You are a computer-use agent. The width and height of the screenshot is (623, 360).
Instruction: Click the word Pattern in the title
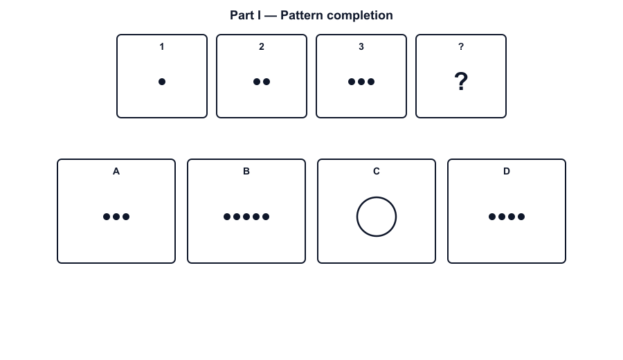[x=302, y=15]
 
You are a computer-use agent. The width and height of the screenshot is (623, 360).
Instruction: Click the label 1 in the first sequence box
[x=162, y=46]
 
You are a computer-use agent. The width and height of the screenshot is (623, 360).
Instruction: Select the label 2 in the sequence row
[x=262, y=46]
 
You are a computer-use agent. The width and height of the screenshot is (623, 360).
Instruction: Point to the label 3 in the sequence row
[x=361, y=46]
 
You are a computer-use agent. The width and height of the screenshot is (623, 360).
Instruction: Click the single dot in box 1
[x=162, y=82]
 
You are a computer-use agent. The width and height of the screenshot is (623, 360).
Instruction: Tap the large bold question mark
[x=461, y=82]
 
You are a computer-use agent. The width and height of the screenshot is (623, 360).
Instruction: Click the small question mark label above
[x=461, y=46]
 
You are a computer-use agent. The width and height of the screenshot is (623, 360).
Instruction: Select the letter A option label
[x=116, y=171]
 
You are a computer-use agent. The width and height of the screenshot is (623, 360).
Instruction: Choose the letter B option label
[x=246, y=171]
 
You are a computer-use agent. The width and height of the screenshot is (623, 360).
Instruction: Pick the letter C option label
[x=377, y=171]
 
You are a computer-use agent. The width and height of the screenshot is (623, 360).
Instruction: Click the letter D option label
[x=507, y=171]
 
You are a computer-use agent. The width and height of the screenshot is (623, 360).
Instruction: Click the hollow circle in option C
[x=356, y=217]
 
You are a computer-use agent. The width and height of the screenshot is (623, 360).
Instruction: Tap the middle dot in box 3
[x=361, y=82]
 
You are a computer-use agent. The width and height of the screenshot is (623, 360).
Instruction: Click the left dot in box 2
[x=257, y=82]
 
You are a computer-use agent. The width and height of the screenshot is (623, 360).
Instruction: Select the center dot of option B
[x=246, y=217]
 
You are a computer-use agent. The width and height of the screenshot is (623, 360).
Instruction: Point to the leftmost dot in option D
[x=492, y=217]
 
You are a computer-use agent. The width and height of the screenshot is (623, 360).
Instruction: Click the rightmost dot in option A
[x=126, y=217]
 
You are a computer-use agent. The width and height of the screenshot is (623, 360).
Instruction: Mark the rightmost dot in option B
[x=266, y=217]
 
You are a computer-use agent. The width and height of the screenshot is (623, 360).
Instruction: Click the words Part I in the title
[x=246, y=15]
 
